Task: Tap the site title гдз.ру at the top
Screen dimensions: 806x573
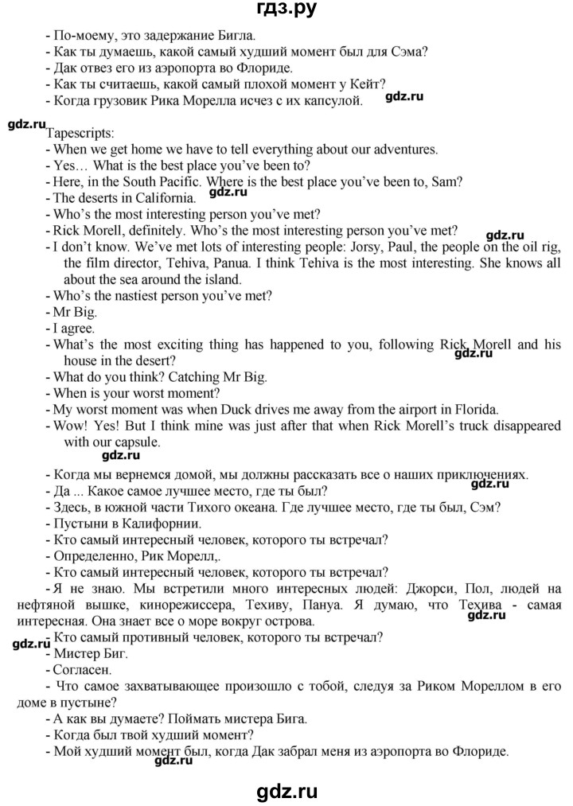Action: click(286, 10)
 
